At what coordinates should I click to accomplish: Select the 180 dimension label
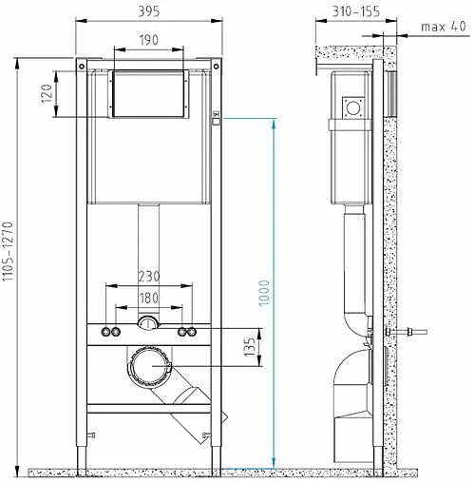coord(149,299)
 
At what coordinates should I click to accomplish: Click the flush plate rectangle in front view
coord(149,93)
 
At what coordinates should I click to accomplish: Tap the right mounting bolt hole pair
coord(187,332)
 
